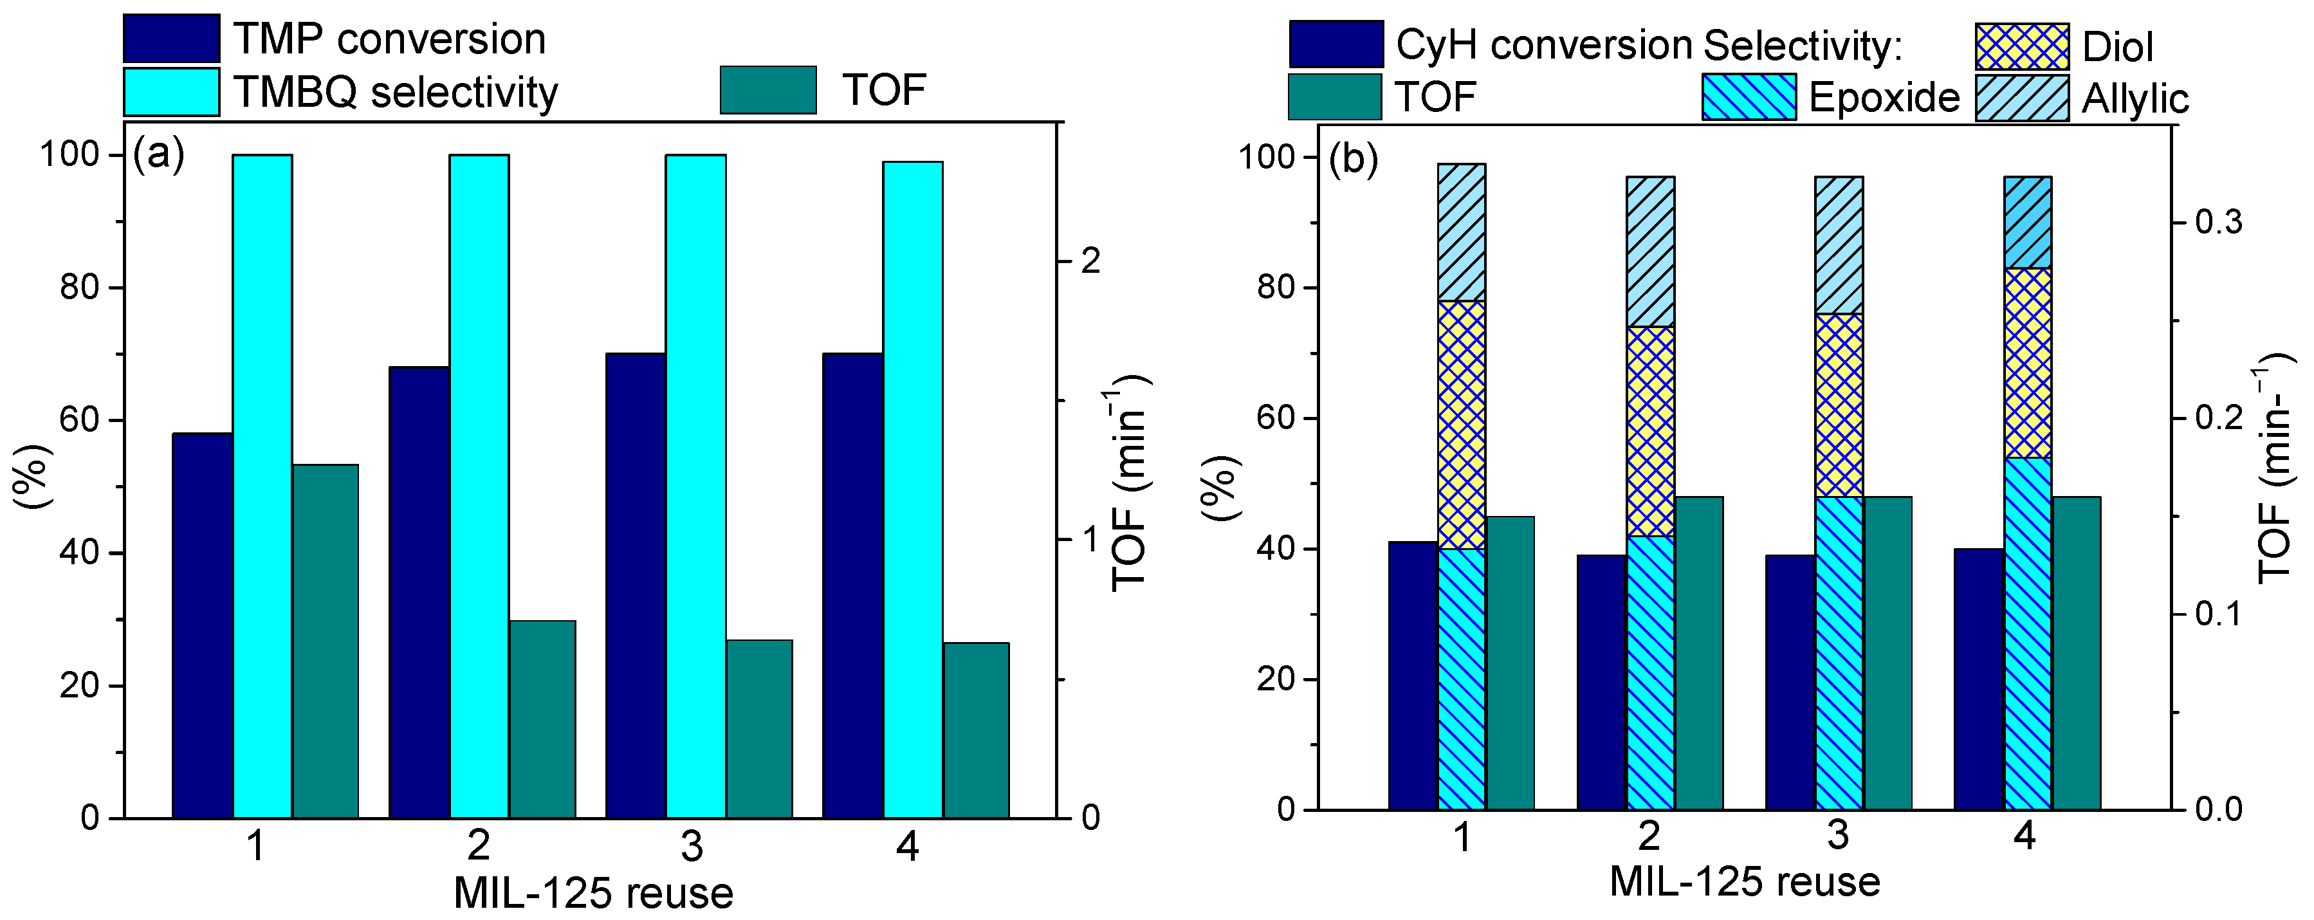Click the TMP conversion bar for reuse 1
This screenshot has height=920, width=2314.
(x=202, y=625)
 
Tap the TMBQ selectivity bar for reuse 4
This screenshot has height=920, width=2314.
(x=913, y=490)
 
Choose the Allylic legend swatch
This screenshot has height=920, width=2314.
(x=2022, y=98)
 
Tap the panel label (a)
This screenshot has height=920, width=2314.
(x=159, y=154)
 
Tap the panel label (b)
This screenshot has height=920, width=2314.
(x=1353, y=159)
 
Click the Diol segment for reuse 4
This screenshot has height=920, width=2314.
(x=2028, y=363)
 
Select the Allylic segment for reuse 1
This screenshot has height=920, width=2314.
(x=1462, y=232)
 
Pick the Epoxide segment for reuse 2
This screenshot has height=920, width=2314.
(x=1650, y=672)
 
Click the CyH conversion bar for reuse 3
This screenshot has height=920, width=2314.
(x=1790, y=682)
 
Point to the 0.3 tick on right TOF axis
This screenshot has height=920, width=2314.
(x=2218, y=222)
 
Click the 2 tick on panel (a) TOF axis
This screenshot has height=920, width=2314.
(x=1090, y=261)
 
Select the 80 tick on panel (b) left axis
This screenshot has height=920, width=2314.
(x=1274, y=288)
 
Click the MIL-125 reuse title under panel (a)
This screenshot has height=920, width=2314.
(x=593, y=893)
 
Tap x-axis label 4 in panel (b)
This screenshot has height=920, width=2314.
(x=2024, y=836)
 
